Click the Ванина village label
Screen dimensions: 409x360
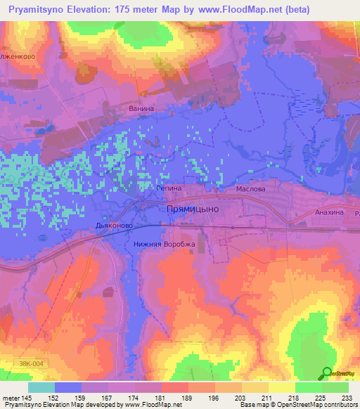(141, 110)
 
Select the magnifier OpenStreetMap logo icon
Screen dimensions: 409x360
(327, 373)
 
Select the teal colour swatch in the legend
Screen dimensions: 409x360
(41, 387)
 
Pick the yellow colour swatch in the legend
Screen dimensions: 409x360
(281, 387)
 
